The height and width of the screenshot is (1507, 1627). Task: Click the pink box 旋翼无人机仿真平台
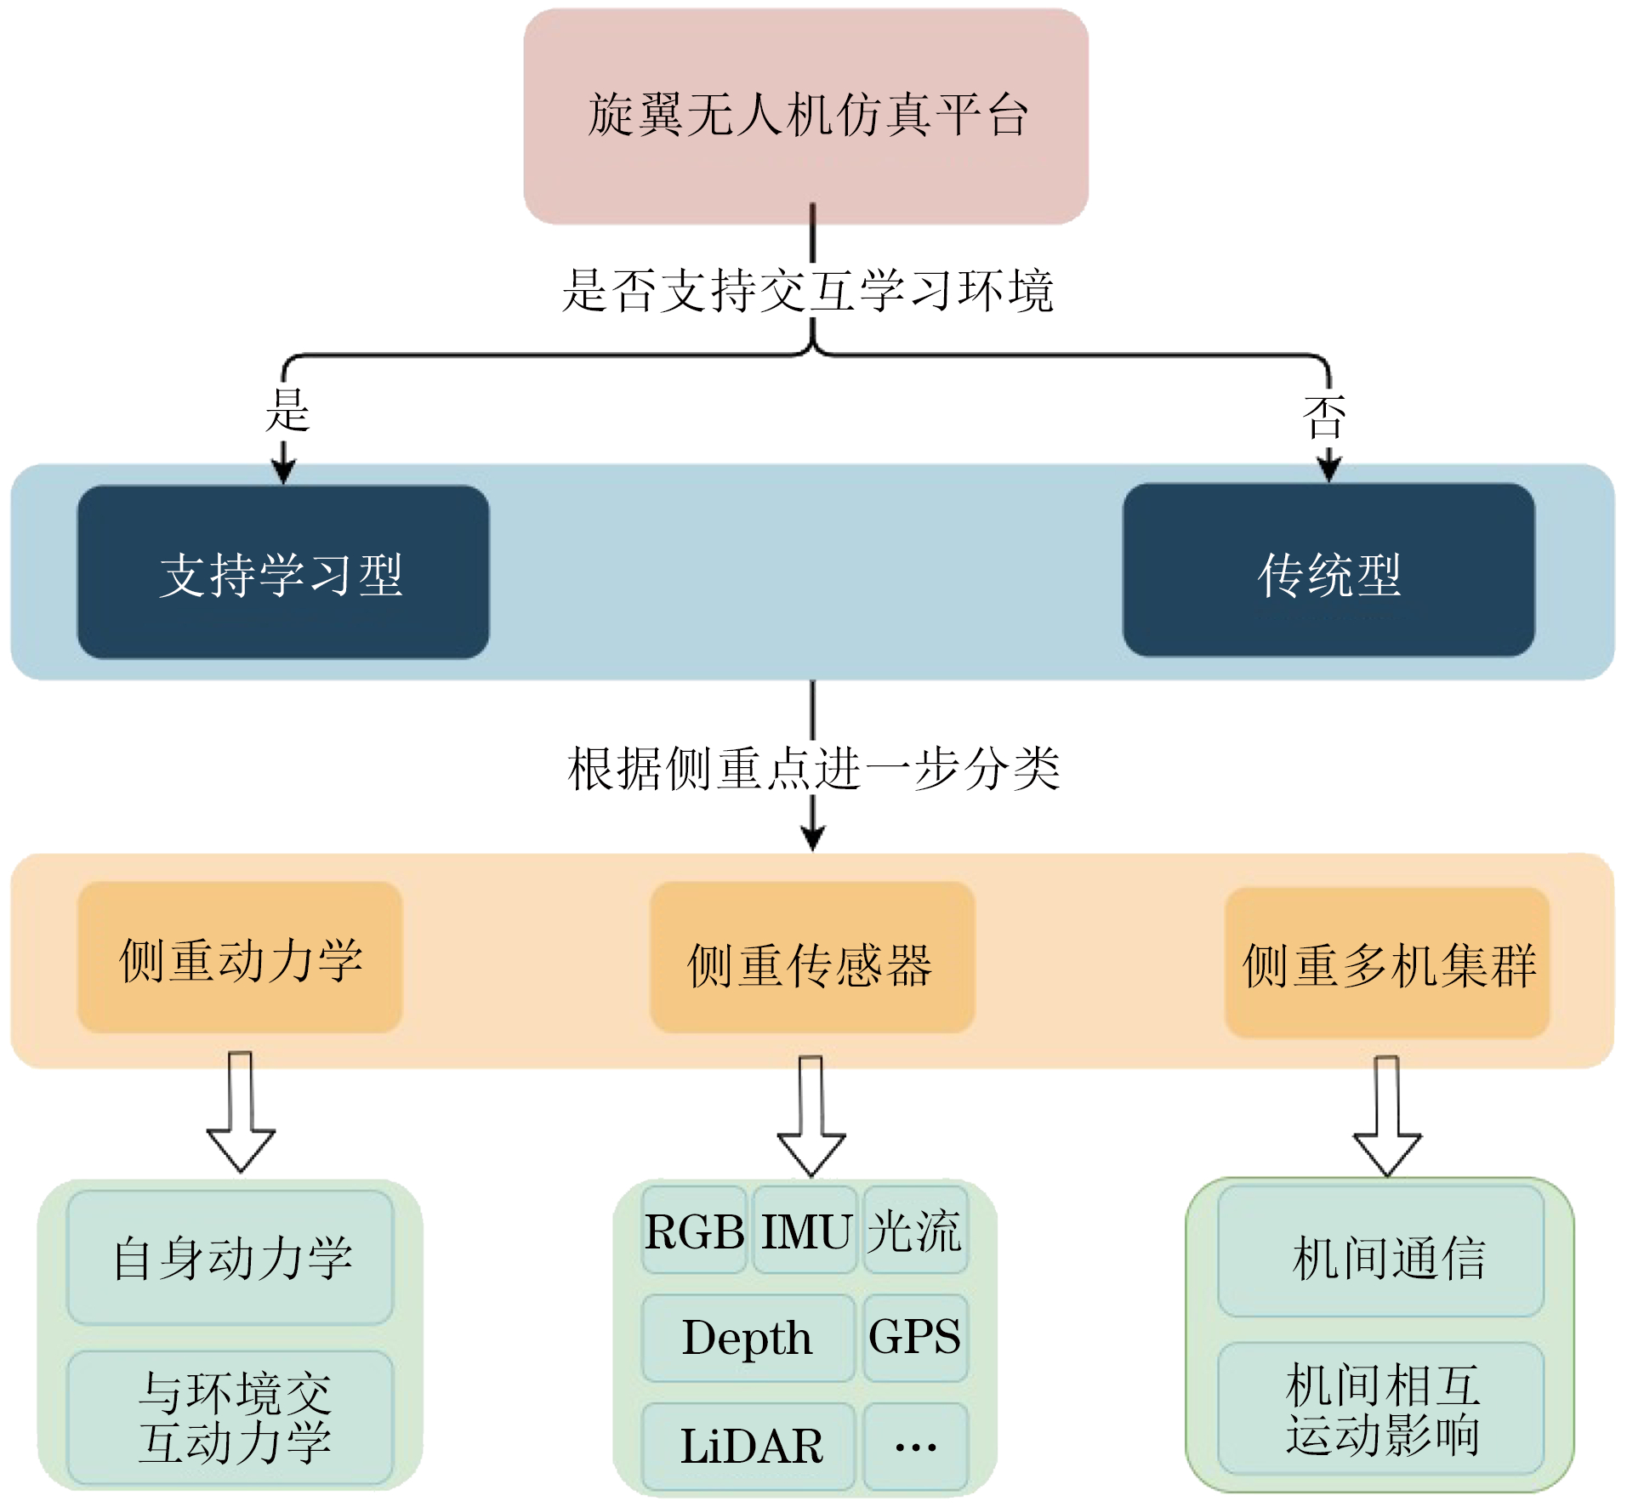805,117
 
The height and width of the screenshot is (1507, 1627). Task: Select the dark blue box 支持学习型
282,572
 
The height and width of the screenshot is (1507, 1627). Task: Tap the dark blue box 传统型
1328,571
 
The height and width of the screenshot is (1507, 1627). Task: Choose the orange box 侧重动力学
239,958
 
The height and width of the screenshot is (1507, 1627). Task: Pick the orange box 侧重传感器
811,958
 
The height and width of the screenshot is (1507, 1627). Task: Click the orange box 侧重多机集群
1386,963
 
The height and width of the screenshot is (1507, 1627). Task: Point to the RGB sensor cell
694,1230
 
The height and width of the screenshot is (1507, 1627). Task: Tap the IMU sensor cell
805,1230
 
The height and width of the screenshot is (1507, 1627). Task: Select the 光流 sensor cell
915,1230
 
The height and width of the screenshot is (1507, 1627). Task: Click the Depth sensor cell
747,1338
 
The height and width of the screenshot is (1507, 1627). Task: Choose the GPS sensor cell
915,1338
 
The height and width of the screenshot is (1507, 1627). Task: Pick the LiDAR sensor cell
747,1446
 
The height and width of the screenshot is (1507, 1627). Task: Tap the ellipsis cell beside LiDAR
915,1446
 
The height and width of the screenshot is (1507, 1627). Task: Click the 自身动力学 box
230,1257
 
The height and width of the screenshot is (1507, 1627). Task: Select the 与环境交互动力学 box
230,1417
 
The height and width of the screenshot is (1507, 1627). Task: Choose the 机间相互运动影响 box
1380,1408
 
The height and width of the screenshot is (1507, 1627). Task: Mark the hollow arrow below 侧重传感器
811,1116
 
